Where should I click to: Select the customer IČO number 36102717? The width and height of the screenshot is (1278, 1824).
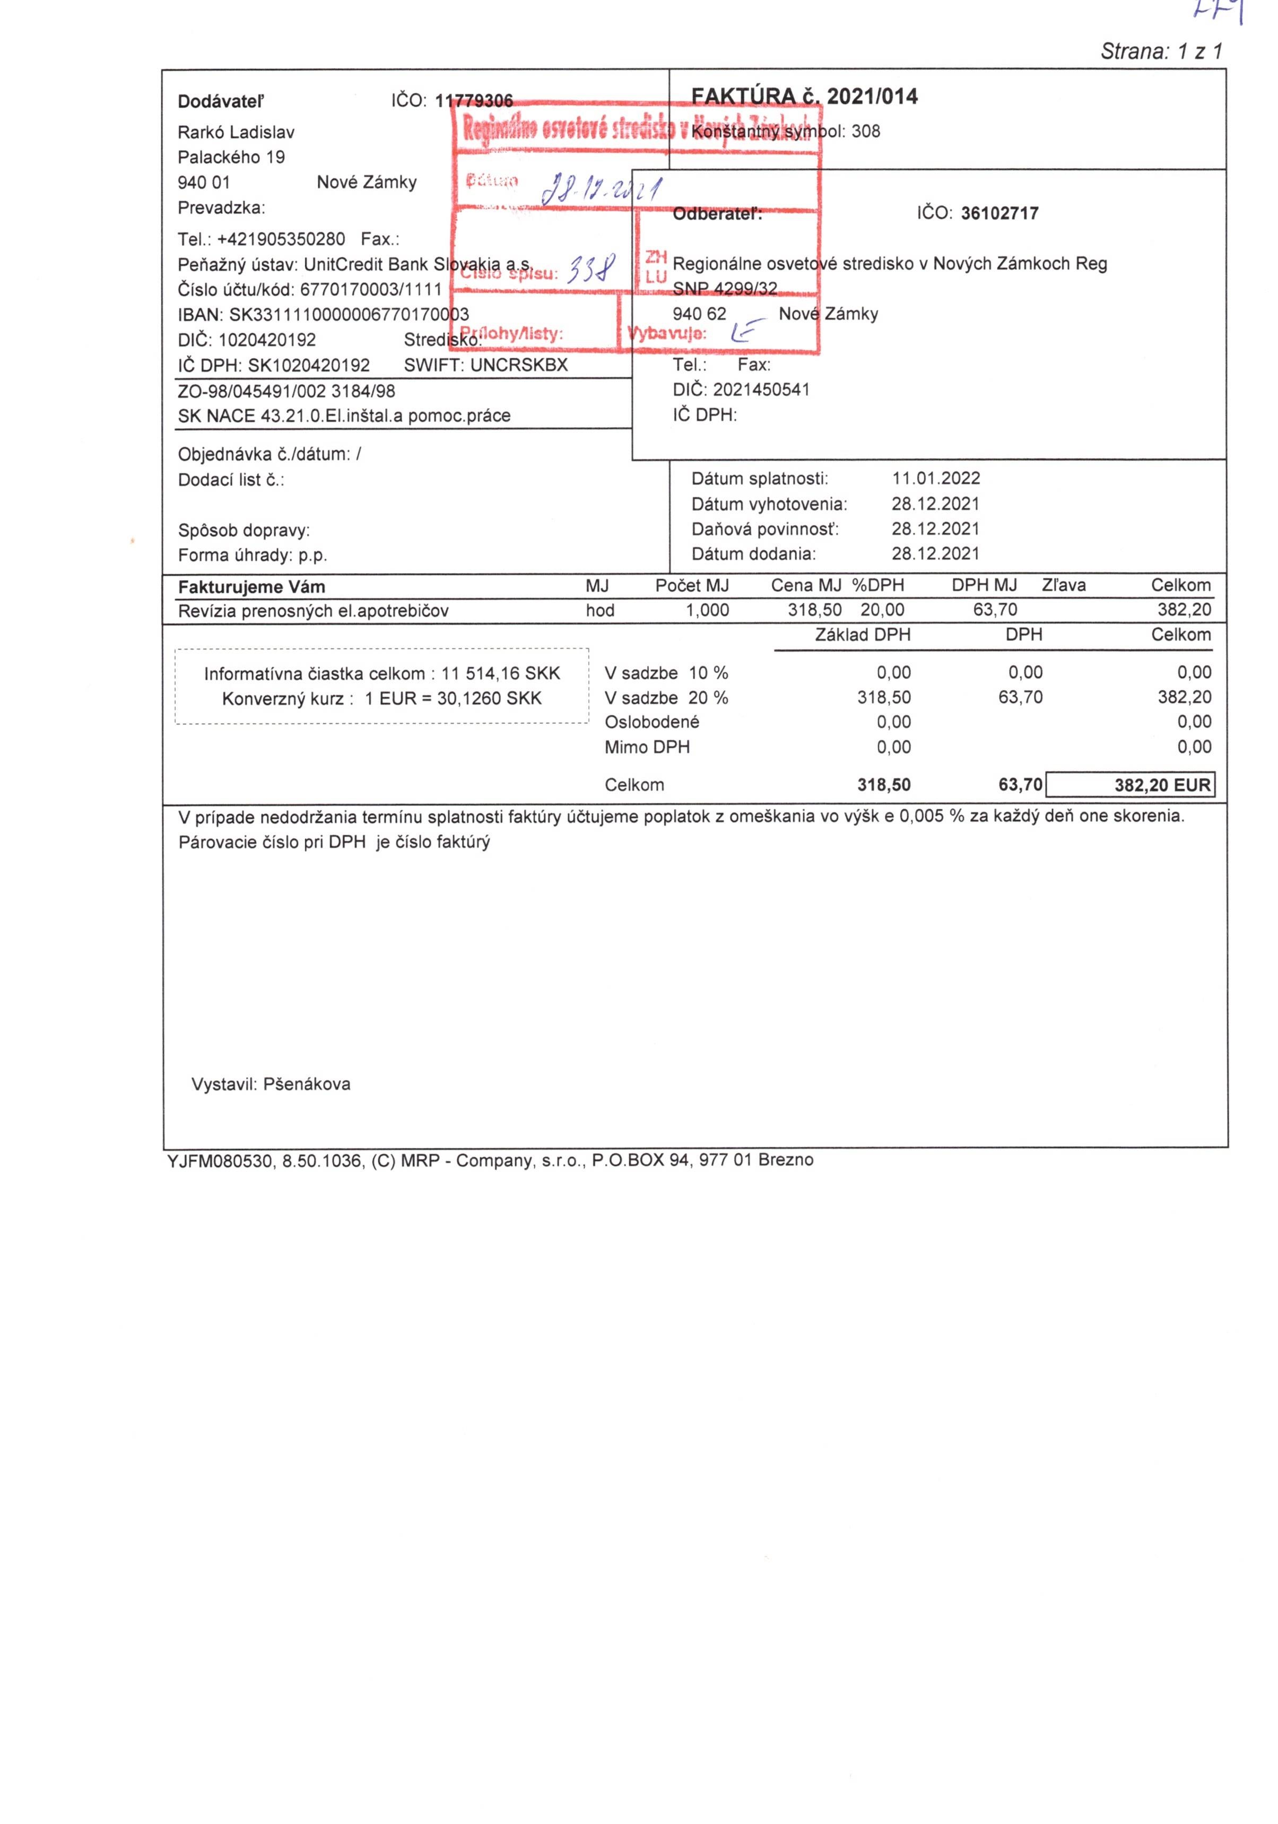point(999,213)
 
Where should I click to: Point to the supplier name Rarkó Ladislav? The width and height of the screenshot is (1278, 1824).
point(236,132)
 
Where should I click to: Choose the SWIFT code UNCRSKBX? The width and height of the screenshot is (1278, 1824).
point(519,366)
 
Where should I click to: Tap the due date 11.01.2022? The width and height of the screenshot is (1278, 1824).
point(936,478)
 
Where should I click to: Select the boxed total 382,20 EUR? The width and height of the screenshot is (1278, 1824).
point(1162,785)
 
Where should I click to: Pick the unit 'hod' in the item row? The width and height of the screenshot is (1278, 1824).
point(599,610)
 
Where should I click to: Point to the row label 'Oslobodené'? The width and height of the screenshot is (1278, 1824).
point(651,722)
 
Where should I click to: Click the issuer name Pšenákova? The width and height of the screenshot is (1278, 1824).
point(307,1084)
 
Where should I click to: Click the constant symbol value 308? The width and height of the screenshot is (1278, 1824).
point(866,131)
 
